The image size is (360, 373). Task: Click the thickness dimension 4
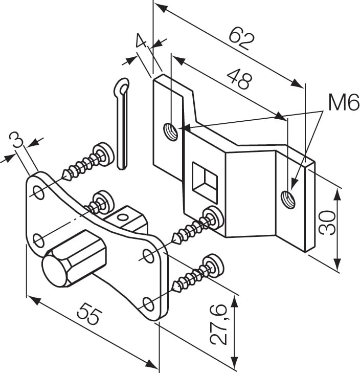tap(141, 41)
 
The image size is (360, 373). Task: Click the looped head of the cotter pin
tap(122, 87)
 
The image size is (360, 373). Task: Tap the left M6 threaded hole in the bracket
tap(170, 131)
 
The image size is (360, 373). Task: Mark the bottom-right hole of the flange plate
tap(148, 304)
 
